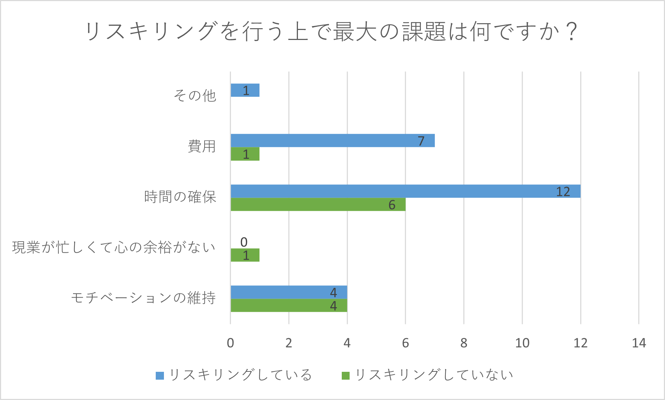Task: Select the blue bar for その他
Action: (x=245, y=90)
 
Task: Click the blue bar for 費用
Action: (x=332, y=141)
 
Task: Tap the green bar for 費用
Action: (x=245, y=154)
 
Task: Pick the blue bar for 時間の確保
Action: (x=405, y=191)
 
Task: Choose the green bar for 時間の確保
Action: (x=318, y=204)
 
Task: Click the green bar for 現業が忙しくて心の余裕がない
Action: (x=245, y=255)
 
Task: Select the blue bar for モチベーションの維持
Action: (x=289, y=292)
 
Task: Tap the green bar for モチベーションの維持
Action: (x=289, y=305)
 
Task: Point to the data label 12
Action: (x=563, y=192)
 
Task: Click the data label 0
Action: (x=244, y=242)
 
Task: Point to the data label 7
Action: (x=421, y=141)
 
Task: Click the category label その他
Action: (x=195, y=96)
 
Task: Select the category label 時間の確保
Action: (x=180, y=197)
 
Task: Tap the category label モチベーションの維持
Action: (x=144, y=298)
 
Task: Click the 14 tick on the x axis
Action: (x=639, y=343)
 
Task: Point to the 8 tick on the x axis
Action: (x=464, y=343)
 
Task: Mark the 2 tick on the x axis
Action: (x=289, y=343)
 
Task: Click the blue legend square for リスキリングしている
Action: (x=160, y=375)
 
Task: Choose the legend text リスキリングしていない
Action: (x=434, y=375)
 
